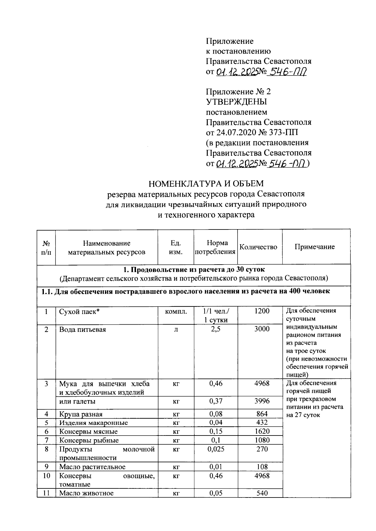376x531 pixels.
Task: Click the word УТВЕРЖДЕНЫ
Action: pyautogui.click(x=237, y=102)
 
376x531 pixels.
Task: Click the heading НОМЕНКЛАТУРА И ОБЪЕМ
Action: pyautogui.click(x=206, y=183)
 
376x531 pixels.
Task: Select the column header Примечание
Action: pyautogui.click(x=315, y=247)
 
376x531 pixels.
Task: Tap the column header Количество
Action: pyautogui.click(x=258, y=247)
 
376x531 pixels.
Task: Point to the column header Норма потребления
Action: pyautogui.click(x=215, y=247)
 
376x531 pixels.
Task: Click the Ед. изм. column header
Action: pyautogui.click(x=175, y=247)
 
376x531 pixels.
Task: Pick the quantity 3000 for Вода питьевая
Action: pyautogui.click(x=262, y=329)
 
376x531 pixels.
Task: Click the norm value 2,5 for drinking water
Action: pyautogui.click(x=216, y=329)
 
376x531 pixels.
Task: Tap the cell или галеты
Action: pyautogui.click(x=77, y=401)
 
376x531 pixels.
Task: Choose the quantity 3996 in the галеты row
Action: pyautogui.click(x=262, y=401)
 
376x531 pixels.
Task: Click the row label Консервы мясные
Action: pyautogui.click(x=88, y=431)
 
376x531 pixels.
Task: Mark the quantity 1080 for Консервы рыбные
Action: pyautogui.click(x=262, y=440)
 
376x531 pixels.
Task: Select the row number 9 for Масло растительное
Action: pyautogui.click(x=46, y=467)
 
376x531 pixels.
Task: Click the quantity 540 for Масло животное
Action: pyautogui.click(x=262, y=493)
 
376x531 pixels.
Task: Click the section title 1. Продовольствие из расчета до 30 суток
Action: pyautogui.click(x=194, y=270)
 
